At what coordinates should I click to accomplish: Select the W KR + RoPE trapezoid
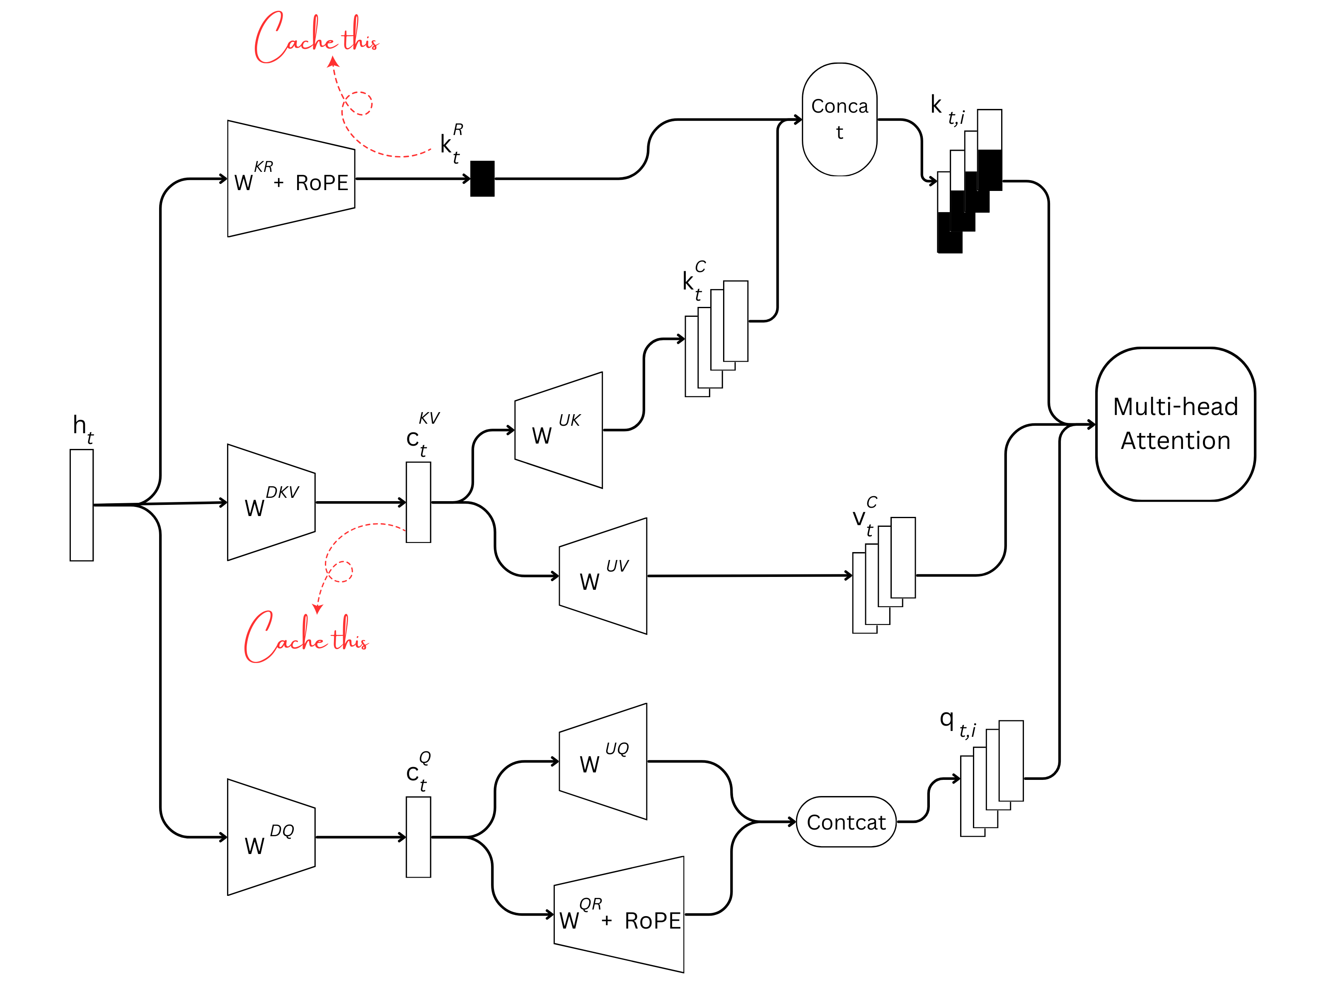coord(291,179)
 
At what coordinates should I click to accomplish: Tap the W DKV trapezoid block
coord(271,503)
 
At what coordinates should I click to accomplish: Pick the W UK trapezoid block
coord(559,429)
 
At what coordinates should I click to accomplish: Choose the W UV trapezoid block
coord(603,576)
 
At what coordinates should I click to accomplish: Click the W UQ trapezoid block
coord(603,761)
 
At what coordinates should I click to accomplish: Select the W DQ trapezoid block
coord(271,837)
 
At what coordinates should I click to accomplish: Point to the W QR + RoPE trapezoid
coord(619,914)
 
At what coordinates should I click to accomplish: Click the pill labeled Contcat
coord(846,822)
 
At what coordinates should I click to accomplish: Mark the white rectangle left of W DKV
coord(82,505)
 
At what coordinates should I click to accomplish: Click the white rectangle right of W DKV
coord(419,502)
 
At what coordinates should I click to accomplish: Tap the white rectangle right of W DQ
coord(419,837)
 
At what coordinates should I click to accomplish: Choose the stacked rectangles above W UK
coord(716,338)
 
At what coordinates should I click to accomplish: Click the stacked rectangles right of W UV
coord(883,576)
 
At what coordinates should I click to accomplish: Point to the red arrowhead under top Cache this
coord(333,61)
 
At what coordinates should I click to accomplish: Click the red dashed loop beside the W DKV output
coord(340,571)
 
